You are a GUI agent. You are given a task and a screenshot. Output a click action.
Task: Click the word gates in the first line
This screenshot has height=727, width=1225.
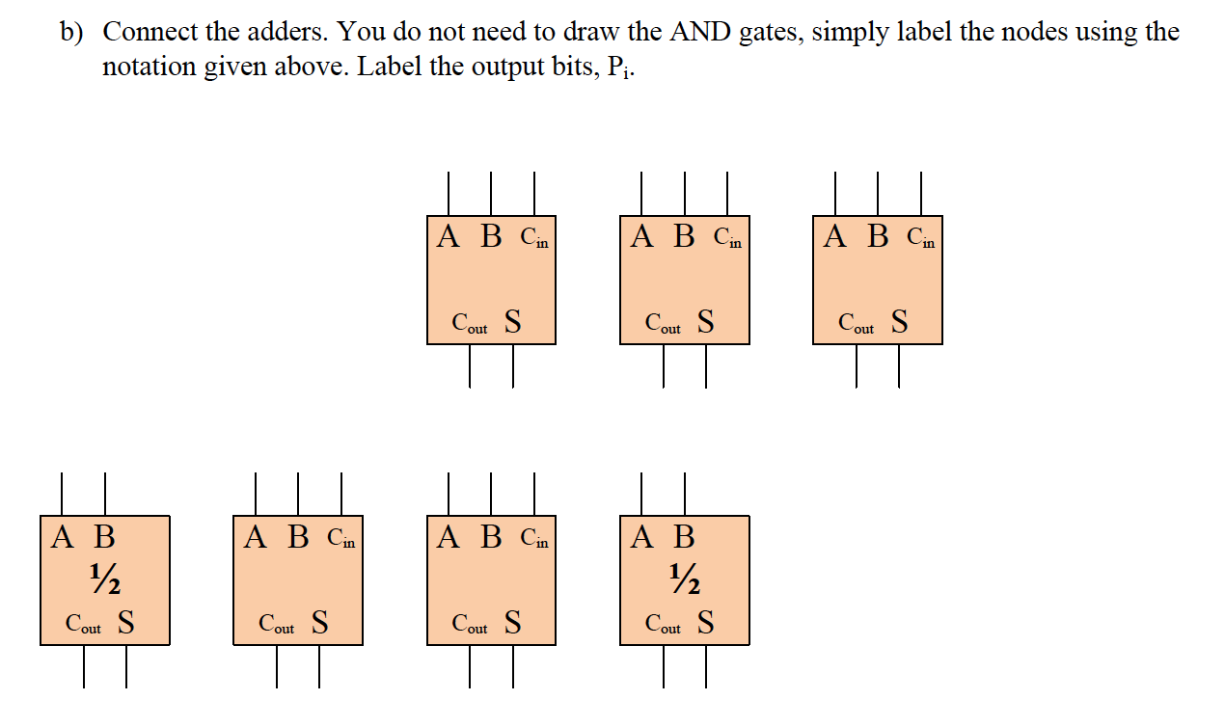(770, 33)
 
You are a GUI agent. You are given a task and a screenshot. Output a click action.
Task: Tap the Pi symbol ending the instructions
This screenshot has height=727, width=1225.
(621, 69)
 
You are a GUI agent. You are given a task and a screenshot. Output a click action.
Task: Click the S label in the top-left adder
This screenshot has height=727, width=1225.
(513, 322)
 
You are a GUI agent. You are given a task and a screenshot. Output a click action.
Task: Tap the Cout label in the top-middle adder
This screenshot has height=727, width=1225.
(663, 324)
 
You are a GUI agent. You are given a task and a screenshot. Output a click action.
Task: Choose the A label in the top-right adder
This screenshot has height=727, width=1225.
(835, 236)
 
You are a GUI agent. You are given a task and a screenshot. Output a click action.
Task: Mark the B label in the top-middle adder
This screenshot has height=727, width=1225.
(684, 236)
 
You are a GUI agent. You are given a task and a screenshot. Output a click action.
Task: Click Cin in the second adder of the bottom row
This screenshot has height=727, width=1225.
(341, 539)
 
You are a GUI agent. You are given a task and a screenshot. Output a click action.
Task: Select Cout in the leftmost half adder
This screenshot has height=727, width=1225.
(83, 624)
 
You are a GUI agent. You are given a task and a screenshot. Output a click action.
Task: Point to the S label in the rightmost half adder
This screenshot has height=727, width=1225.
(706, 623)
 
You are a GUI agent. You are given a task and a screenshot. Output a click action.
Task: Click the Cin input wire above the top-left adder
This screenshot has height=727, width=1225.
(534, 193)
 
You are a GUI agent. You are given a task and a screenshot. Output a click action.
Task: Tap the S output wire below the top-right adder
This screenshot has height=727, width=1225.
(899, 366)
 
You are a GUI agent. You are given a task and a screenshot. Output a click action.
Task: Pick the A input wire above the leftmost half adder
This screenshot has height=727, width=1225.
(63, 493)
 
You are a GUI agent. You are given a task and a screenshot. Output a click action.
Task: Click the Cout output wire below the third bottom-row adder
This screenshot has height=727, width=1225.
(471, 666)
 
